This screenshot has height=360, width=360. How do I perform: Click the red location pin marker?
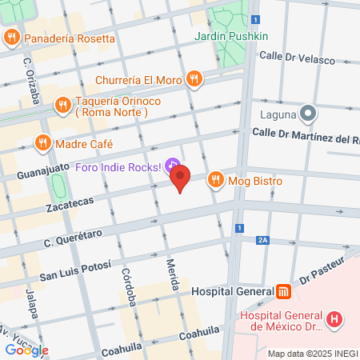pos(181,178)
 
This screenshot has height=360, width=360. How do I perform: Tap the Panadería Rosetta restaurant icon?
pos(12,37)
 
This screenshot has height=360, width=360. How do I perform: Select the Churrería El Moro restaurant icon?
pos(194,79)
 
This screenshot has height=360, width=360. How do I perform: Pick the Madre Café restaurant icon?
pos(42,144)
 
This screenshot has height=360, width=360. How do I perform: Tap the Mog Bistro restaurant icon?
pos(214,181)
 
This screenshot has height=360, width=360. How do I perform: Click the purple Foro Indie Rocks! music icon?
pos(172,166)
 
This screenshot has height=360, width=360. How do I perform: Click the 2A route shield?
pos(262,240)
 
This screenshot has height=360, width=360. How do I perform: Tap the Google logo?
pos(26,350)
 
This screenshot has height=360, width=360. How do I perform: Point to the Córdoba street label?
pos(127,281)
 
